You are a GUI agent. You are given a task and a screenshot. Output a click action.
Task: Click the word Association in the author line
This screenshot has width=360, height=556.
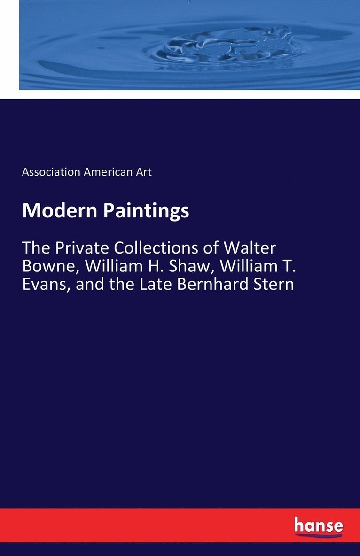(x=51, y=172)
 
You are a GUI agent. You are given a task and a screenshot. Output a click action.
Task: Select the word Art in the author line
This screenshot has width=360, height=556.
(x=143, y=172)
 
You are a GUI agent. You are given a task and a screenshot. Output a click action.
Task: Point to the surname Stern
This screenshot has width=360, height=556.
(x=274, y=284)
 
